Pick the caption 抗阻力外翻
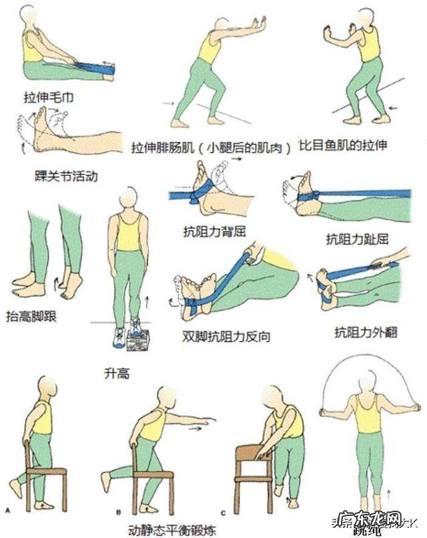coord(366,331)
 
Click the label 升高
coord(117,373)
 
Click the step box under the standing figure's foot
coord(138,341)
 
